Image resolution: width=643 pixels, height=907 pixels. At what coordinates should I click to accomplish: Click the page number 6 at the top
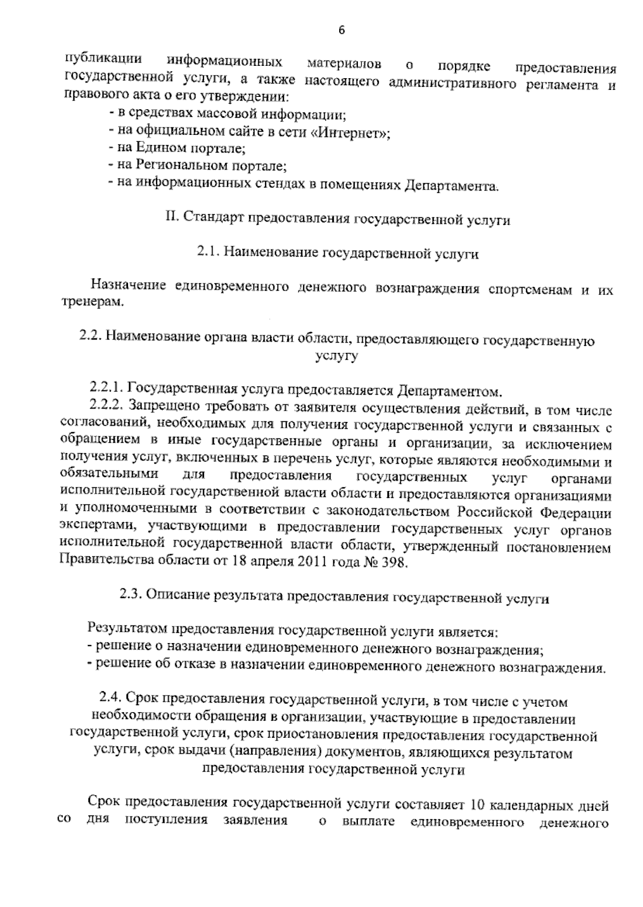pos(342,31)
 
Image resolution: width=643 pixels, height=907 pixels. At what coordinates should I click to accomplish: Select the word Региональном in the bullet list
pos(182,165)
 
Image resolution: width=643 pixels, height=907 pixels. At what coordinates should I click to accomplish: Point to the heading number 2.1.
pos(208,253)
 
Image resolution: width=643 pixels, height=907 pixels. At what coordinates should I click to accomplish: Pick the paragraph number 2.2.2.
pos(107,405)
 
